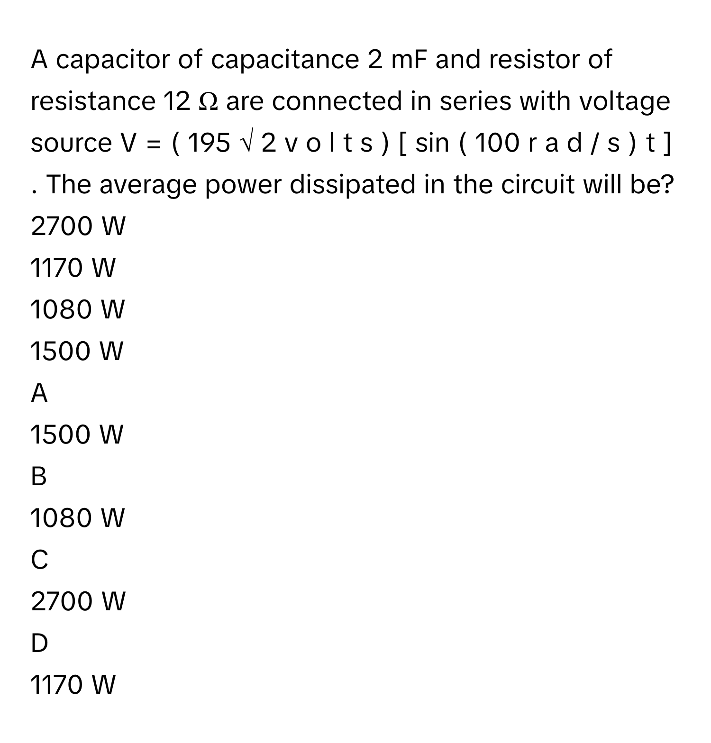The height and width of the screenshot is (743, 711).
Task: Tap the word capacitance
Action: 284,60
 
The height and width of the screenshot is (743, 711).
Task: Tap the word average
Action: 158,185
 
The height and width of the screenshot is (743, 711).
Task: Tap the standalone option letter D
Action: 39,643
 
